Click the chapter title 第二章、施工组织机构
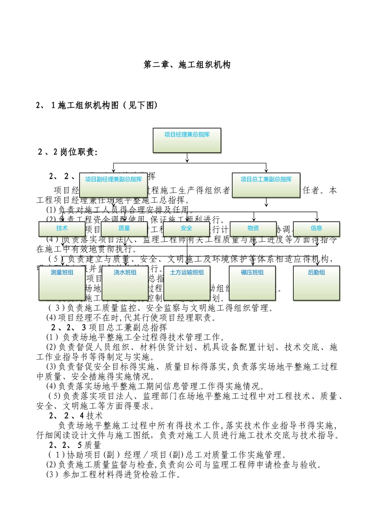[x=187, y=65]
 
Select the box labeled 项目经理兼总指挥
[x=187, y=140]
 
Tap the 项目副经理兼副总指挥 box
[x=113, y=184]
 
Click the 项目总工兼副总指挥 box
[x=266, y=184]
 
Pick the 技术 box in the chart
[x=62, y=229]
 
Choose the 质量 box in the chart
[x=124, y=229]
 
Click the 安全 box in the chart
[x=187, y=229]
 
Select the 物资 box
[x=253, y=229]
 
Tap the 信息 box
[x=316, y=229]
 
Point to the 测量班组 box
[x=62, y=283]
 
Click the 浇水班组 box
[x=125, y=283]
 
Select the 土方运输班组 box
[x=187, y=283]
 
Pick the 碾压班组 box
[x=252, y=283]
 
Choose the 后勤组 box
[x=316, y=283]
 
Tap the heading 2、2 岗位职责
[x=67, y=152]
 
